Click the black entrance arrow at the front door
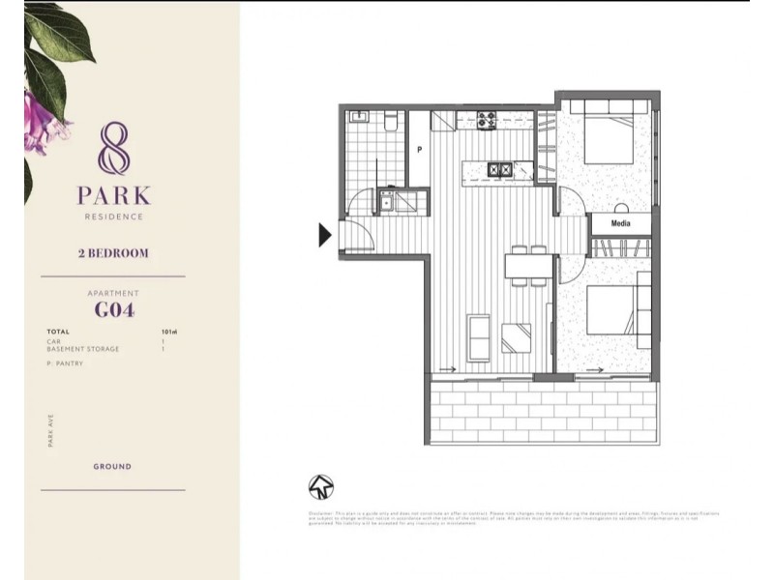pyautogui.click(x=326, y=234)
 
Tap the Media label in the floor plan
pyautogui.click(x=621, y=222)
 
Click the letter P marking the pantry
pyautogui.click(x=419, y=150)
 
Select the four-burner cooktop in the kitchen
pyautogui.click(x=486, y=121)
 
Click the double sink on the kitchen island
pyautogui.click(x=499, y=170)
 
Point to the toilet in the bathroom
pyautogui.click(x=389, y=121)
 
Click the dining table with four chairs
pyautogui.click(x=526, y=265)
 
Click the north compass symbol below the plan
pyautogui.click(x=320, y=486)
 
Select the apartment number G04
pyautogui.click(x=113, y=310)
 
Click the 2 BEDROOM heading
pyautogui.click(x=112, y=253)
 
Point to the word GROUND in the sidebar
pyautogui.click(x=112, y=466)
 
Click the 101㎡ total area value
pyautogui.click(x=168, y=332)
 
